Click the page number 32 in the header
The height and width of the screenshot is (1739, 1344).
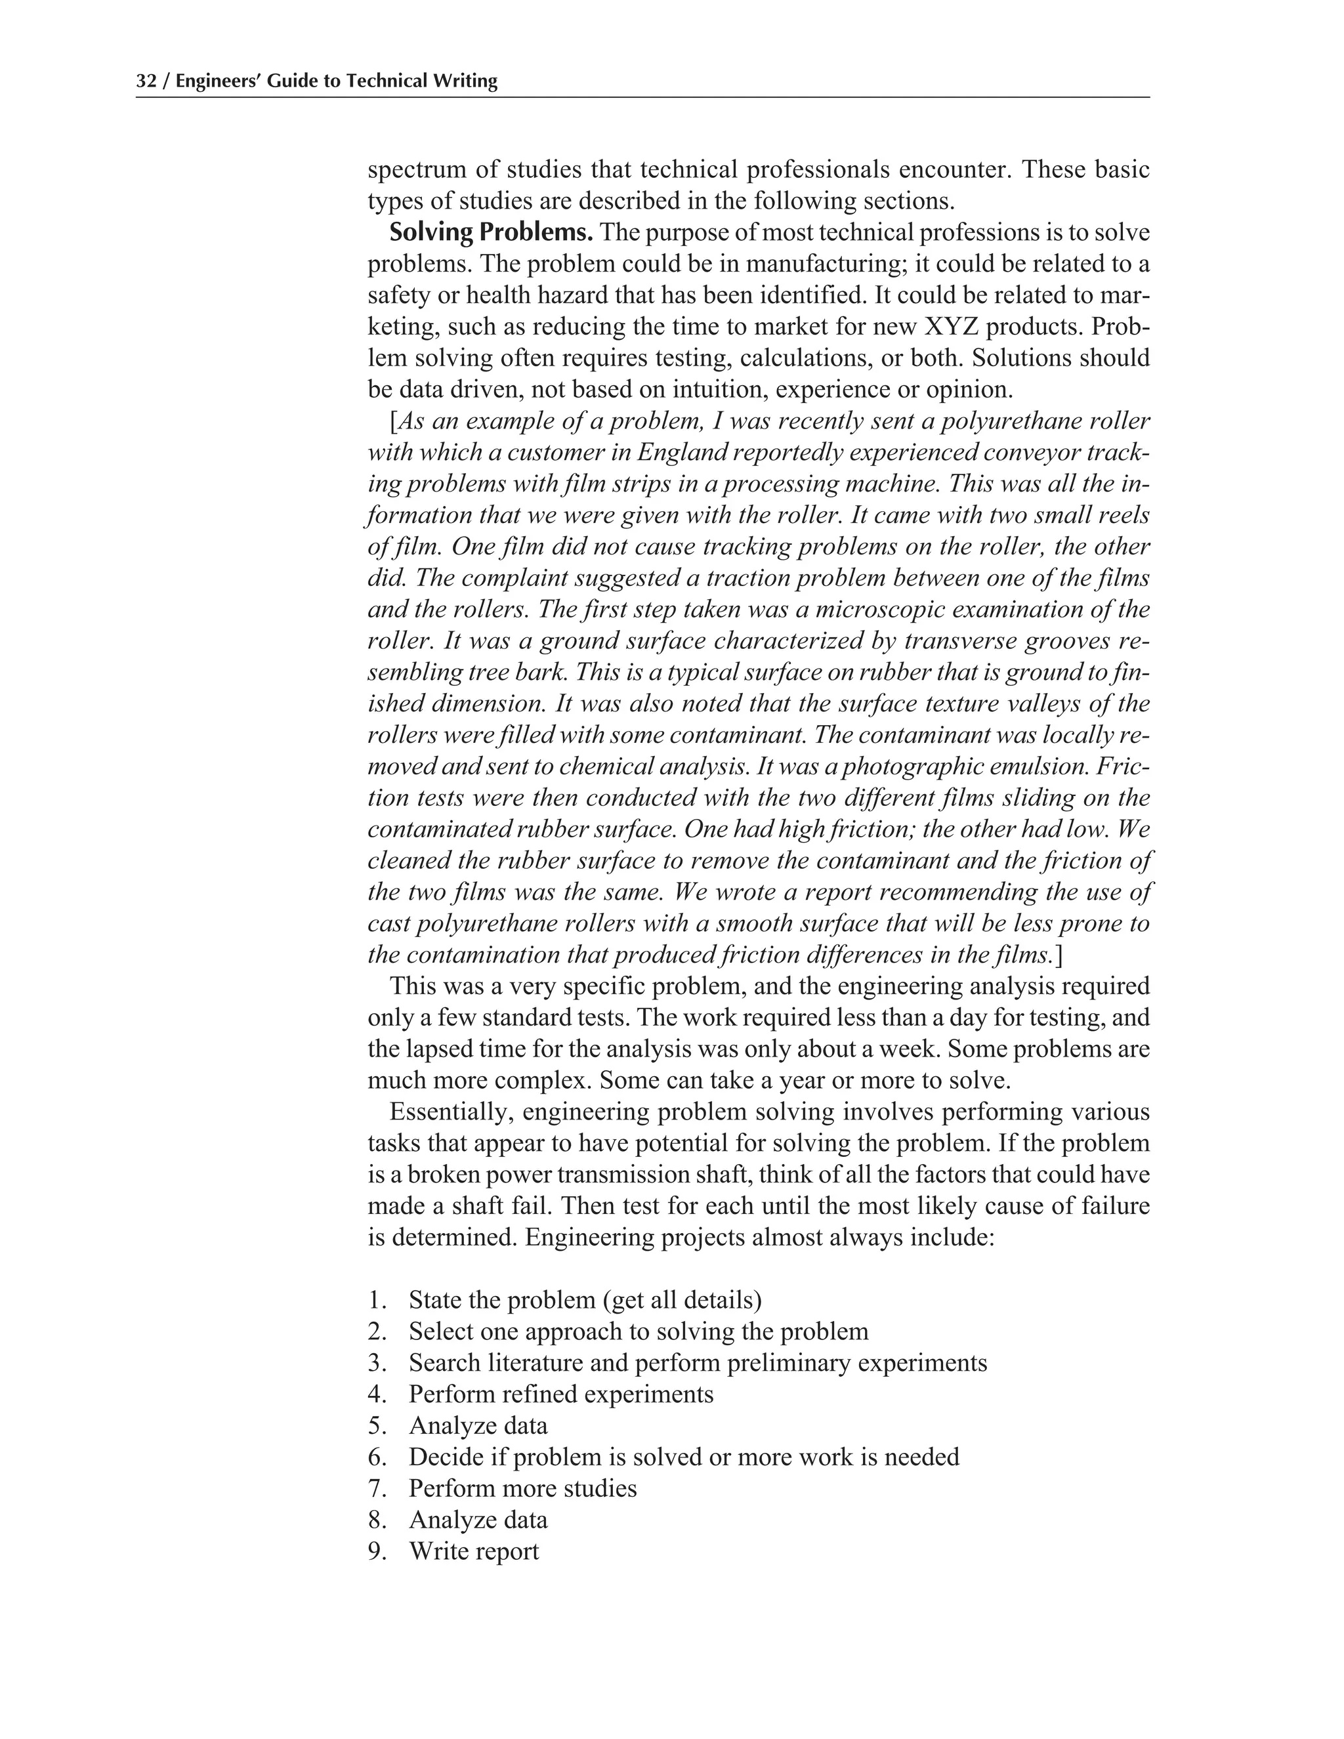coord(145,81)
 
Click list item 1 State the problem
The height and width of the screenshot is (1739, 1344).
coord(585,1300)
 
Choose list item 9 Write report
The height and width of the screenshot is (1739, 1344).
coord(474,1551)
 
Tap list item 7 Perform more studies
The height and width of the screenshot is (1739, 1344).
coord(522,1488)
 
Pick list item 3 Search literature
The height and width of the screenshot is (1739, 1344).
coord(698,1363)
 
